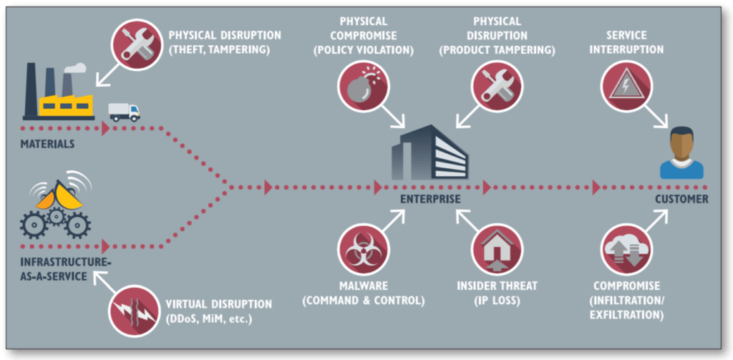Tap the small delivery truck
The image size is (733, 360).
124,112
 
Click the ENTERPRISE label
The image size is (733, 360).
429,199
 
